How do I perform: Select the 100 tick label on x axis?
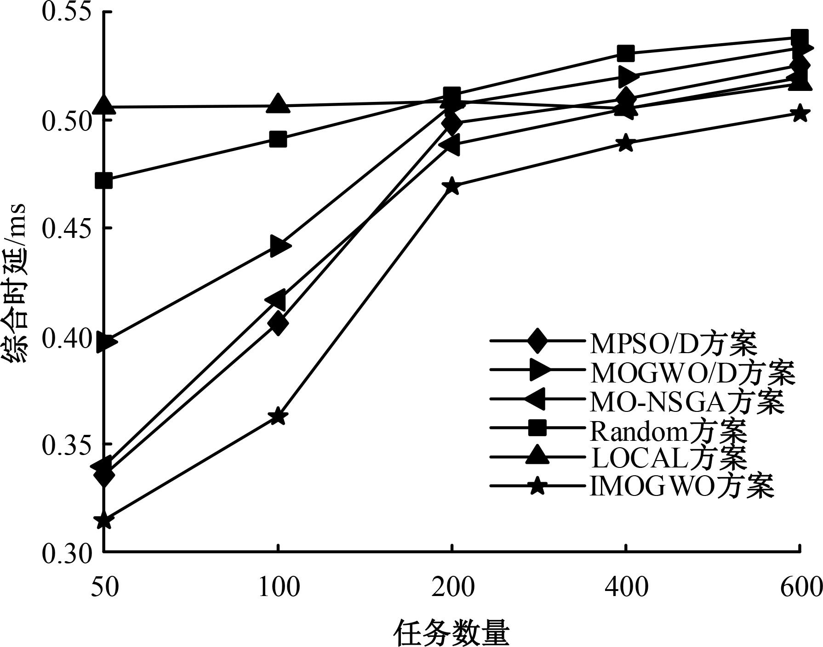[278, 587]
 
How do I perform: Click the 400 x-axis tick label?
[626, 587]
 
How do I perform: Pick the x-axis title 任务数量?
[452, 633]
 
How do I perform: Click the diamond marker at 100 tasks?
[278, 324]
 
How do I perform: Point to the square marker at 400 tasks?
[626, 54]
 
